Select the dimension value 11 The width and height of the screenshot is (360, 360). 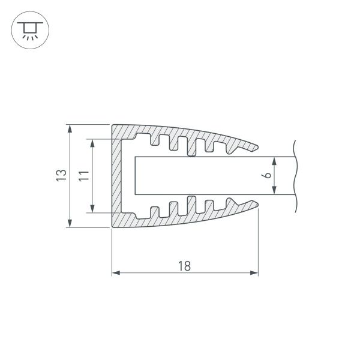coord(85,176)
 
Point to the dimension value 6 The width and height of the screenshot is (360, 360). coord(268,176)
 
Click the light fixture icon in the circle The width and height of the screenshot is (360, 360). coord(28,30)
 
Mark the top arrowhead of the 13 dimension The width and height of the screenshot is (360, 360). coord(70,129)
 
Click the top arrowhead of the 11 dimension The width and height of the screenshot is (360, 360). coord(93,143)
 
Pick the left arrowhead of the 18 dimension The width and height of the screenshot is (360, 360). coord(116,273)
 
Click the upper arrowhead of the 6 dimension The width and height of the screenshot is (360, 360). coord(275,161)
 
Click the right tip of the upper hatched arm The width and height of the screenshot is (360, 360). coord(258,146)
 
